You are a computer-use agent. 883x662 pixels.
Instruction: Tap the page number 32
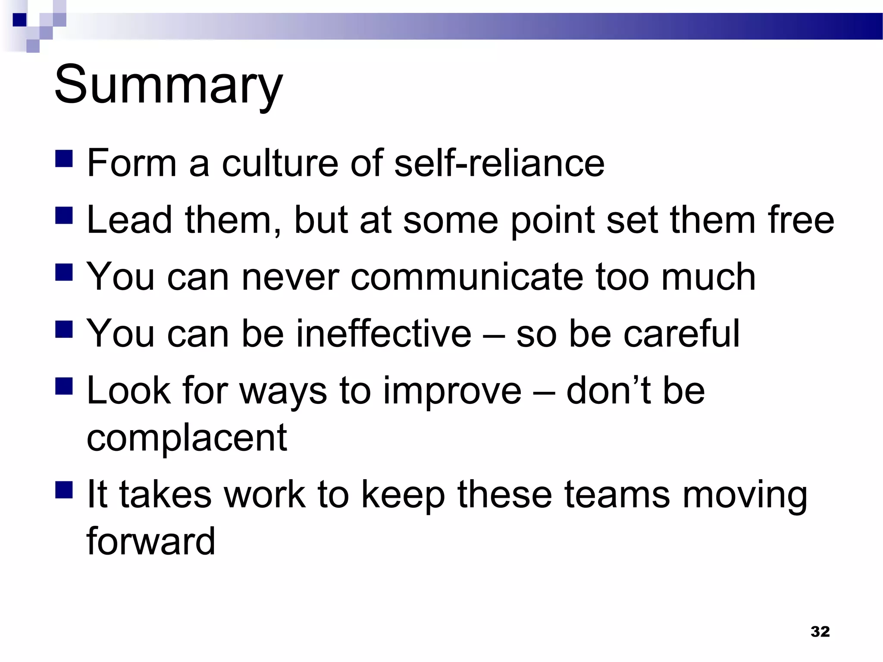(x=820, y=631)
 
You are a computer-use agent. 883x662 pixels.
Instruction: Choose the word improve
(x=452, y=391)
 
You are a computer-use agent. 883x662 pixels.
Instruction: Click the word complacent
(x=187, y=437)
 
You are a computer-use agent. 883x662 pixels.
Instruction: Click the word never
(x=291, y=277)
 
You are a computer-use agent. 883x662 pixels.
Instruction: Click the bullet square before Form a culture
(x=64, y=158)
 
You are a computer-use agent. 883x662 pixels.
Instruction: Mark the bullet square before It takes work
(x=64, y=490)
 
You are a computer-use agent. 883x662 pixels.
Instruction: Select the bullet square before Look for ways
(x=64, y=386)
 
